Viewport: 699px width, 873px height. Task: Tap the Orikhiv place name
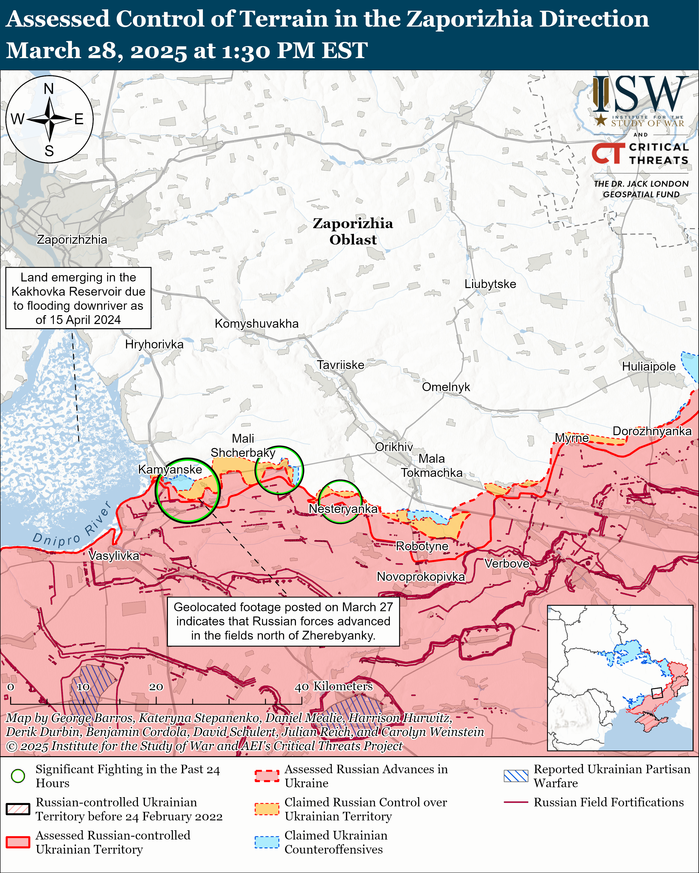coord(394,447)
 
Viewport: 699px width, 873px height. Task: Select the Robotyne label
coord(422,546)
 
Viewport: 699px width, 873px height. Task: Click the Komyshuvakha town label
coord(256,324)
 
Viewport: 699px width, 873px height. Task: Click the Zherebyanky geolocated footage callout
coord(283,621)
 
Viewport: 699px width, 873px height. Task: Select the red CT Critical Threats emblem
coord(608,153)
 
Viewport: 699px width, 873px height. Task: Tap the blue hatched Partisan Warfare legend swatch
coord(516,776)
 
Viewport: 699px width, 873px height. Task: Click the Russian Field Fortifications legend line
coord(516,802)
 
